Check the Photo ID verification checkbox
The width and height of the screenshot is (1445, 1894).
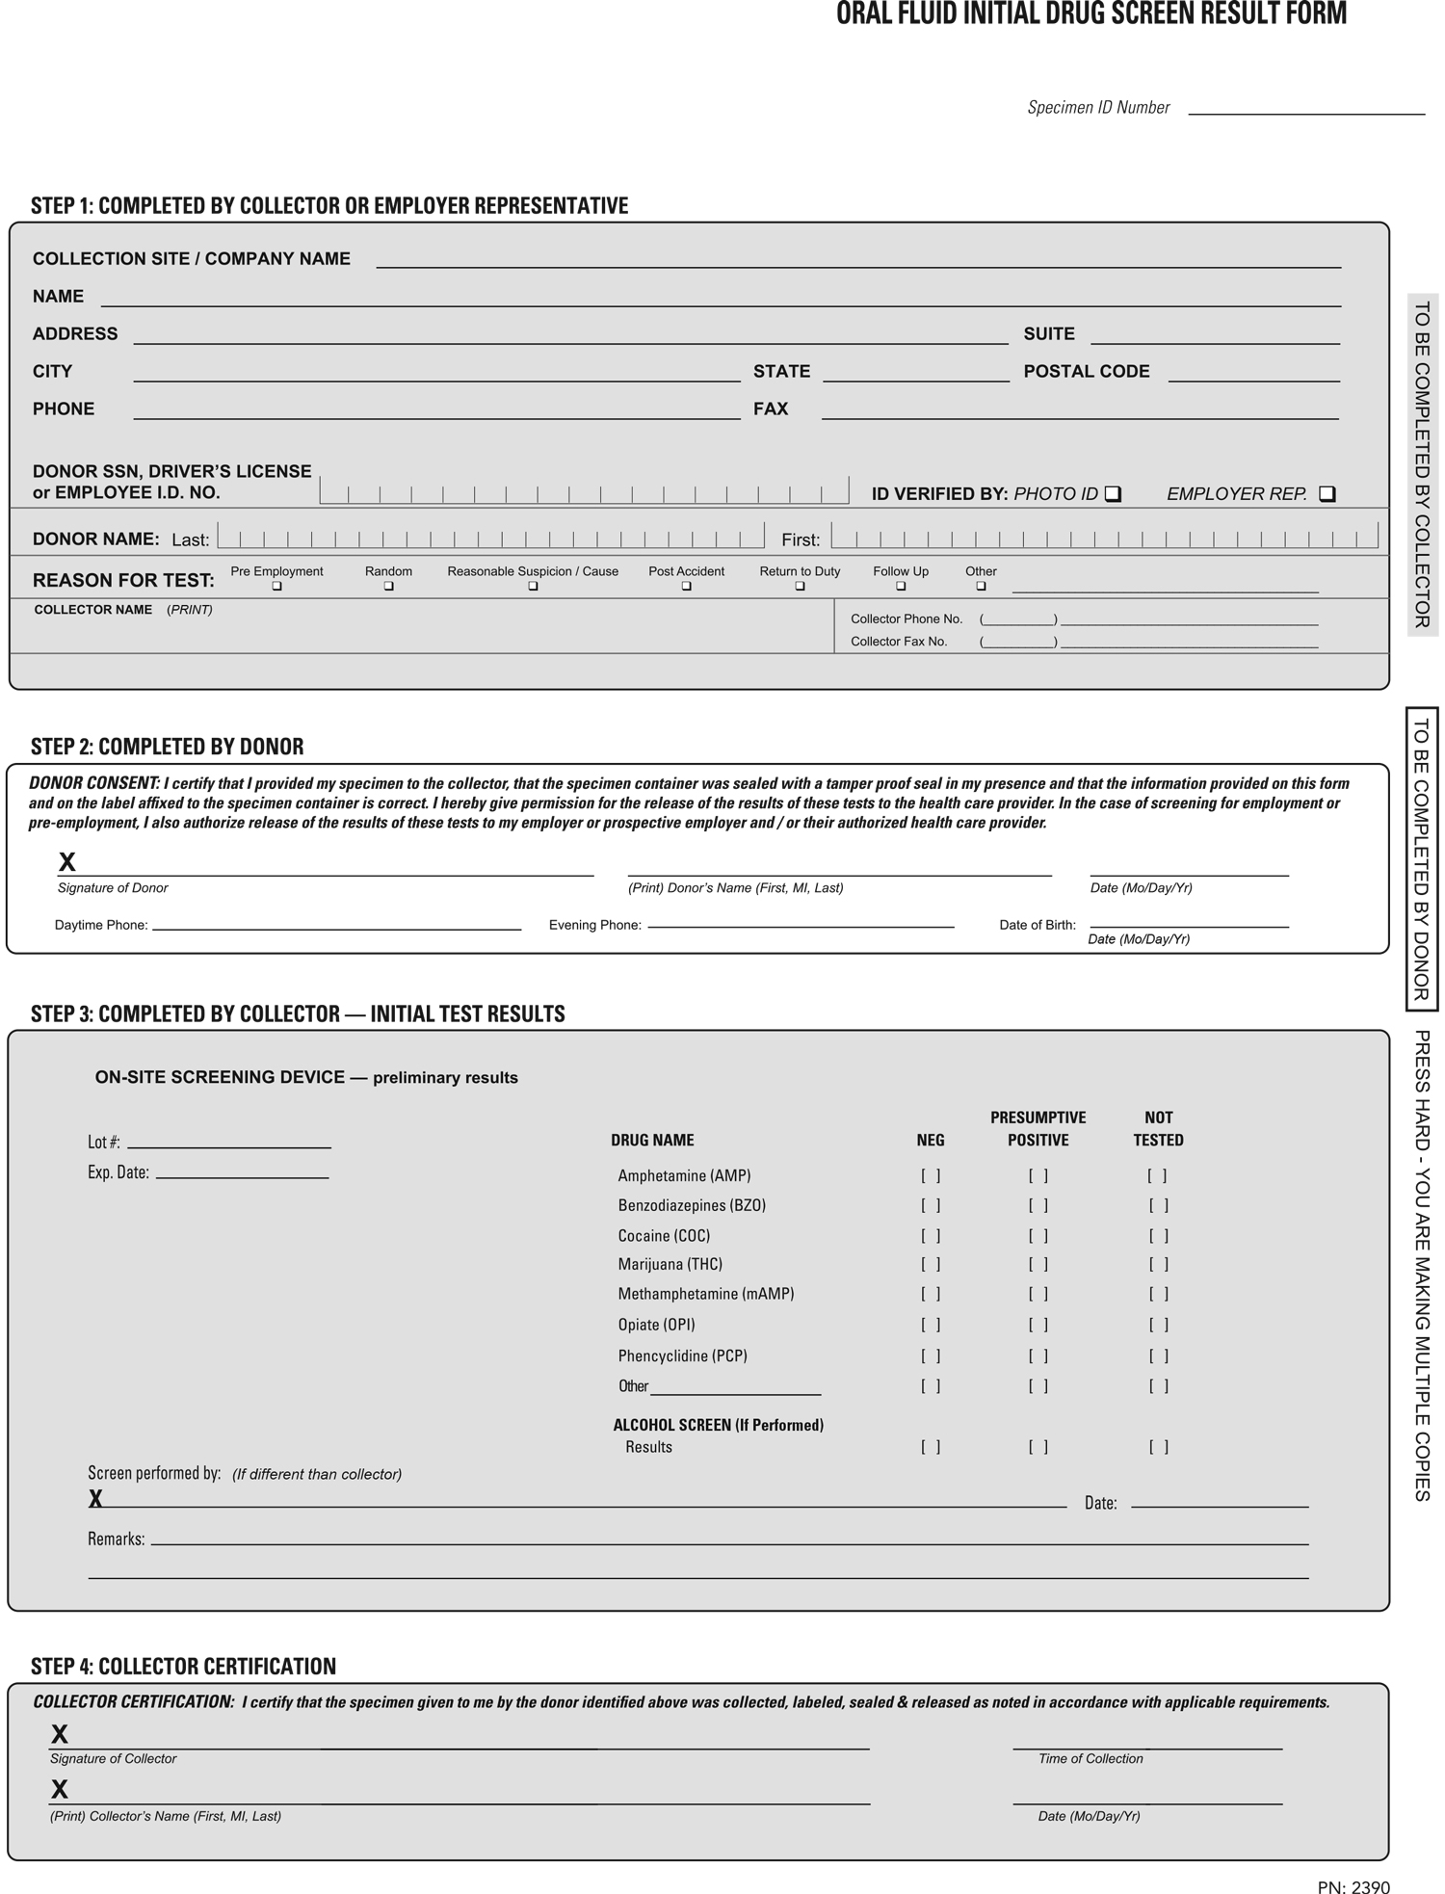(1113, 494)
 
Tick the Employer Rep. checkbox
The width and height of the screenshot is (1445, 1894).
(1327, 494)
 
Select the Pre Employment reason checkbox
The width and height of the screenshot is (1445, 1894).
(277, 586)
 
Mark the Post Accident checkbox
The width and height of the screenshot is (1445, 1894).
(686, 586)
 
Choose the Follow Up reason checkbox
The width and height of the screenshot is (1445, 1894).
(901, 586)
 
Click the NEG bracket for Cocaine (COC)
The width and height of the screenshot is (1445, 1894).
(931, 1235)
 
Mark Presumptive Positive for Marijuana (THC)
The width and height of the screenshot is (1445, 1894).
(1038, 1264)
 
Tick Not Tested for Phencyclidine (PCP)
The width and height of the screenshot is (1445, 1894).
(1158, 1355)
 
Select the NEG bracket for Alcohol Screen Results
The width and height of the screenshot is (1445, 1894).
(931, 1446)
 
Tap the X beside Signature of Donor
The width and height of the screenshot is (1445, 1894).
(67, 861)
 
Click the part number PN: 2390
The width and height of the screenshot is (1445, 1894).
(1353, 1887)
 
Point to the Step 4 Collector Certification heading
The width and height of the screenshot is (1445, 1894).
(183, 1667)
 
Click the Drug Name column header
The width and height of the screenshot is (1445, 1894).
(652, 1140)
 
